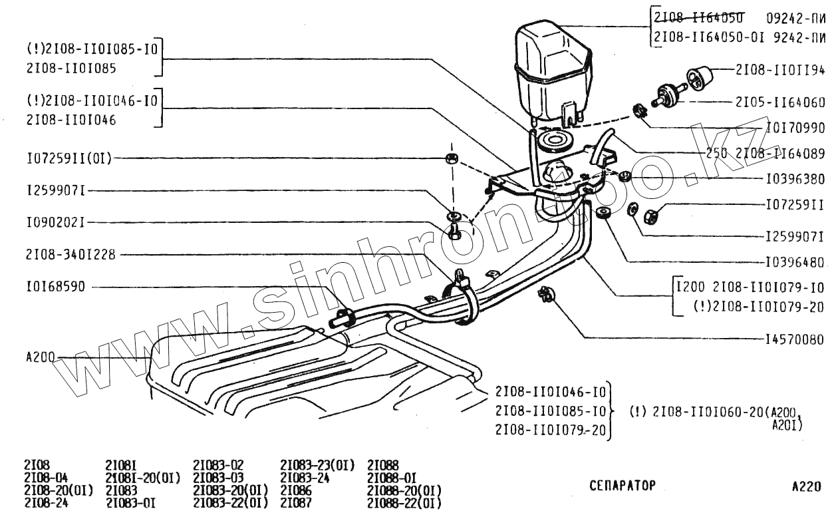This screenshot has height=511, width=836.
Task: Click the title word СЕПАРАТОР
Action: [623, 486]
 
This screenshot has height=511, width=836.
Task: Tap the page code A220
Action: [807, 486]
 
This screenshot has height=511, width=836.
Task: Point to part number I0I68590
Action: [56, 287]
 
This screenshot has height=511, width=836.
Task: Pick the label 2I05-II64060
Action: [780, 102]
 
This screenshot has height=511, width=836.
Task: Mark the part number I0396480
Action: [795, 261]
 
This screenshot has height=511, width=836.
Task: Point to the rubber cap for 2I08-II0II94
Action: [698, 77]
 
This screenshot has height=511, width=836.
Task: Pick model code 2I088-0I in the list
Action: [392, 478]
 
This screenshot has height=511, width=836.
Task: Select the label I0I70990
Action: [795, 127]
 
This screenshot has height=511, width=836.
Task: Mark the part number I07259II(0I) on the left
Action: [69, 158]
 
